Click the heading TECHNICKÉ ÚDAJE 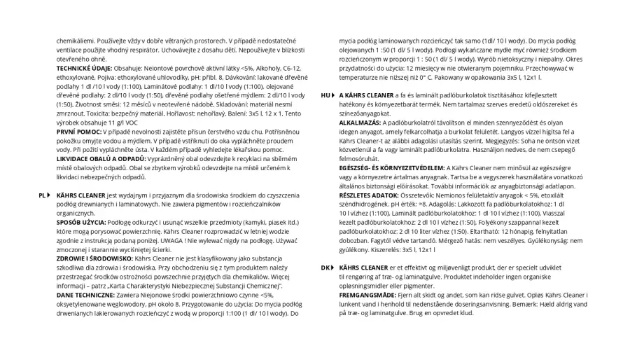pos(80,68)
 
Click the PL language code pos(41,195)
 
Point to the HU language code pos(324,95)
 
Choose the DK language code pos(324,268)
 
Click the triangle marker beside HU pos(332,95)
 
